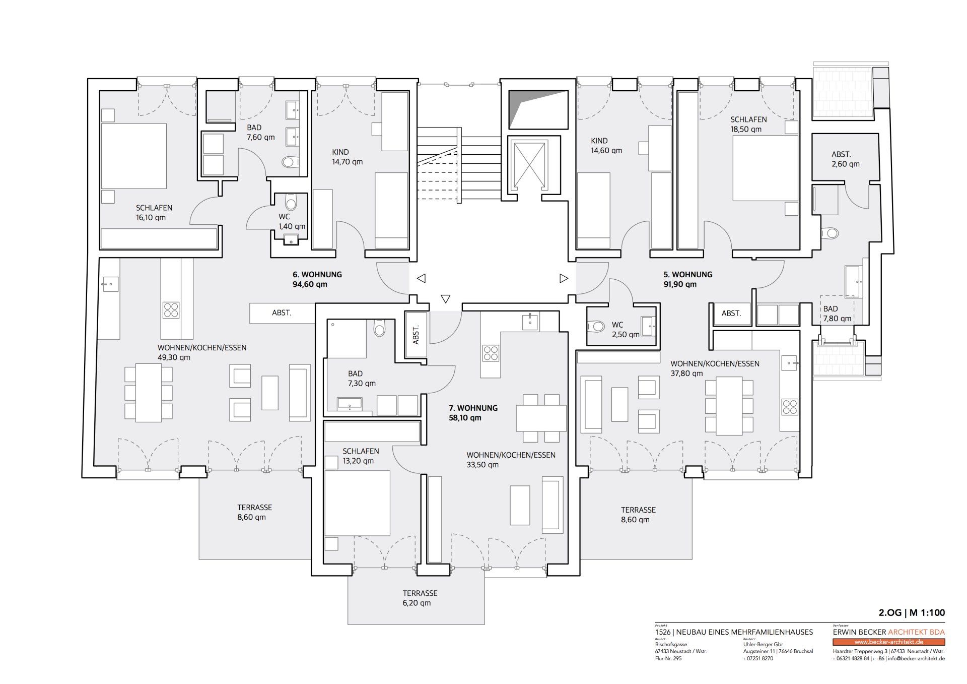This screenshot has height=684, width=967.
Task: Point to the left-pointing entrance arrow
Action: pyautogui.click(x=421, y=278)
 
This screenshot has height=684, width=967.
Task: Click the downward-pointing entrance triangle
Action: pyautogui.click(x=445, y=299)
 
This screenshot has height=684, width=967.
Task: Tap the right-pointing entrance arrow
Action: pyautogui.click(x=564, y=278)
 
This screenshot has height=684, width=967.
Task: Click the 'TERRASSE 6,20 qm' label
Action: pyautogui.click(x=420, y=598)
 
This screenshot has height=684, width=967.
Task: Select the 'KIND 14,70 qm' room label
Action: pyautogui.click(x=347, y=157)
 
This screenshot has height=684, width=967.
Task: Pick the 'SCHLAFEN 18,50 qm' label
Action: pyautogui.click(x=748, y=125)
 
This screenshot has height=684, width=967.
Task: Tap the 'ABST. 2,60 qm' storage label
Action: pyautogui.click(x=845, y=159)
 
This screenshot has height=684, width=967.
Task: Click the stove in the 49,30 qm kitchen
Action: pyautogui.click(x=171, y=309)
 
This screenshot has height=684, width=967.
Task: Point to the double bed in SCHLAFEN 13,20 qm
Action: pyautogui.click(x=357, y=503)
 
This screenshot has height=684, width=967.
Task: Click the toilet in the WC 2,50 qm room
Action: pyautogui.click(x=596, y=327)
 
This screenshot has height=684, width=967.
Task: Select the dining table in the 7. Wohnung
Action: pyautogui.click(x=541, y=418)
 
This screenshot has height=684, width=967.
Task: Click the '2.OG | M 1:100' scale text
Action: pyautogui.click(x=912, y=613)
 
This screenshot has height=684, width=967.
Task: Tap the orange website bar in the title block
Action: pyautogui.click(x=888, y=642)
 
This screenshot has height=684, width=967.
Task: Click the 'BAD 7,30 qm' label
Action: pyautogui.click(x=362, y=379)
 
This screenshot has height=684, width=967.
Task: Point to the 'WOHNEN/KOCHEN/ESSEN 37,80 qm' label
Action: pyautogui.click(x=715, y=368)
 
